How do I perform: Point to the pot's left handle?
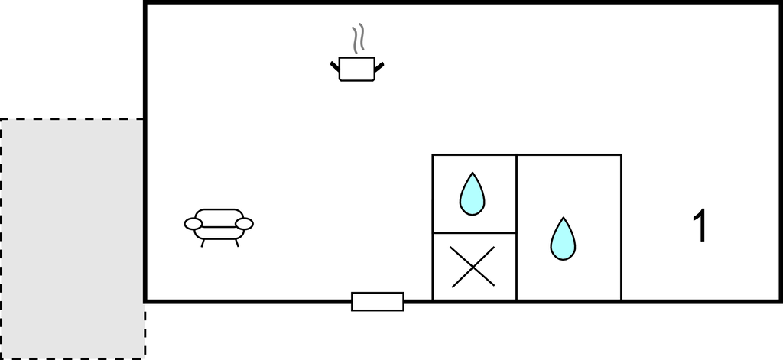335,68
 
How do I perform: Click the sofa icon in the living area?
219,225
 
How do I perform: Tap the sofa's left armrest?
193,223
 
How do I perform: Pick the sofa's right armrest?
244,223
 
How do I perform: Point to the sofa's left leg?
203,244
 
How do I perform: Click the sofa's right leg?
236,244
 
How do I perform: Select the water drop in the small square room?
472,196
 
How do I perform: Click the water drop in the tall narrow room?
563,240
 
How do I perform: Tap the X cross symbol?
473,267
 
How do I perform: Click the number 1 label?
699,227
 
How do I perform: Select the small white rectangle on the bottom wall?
377,302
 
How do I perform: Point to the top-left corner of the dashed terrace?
2,119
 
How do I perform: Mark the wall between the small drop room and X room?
474,232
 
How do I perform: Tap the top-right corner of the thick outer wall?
780,3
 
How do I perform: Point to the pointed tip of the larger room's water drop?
563,219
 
